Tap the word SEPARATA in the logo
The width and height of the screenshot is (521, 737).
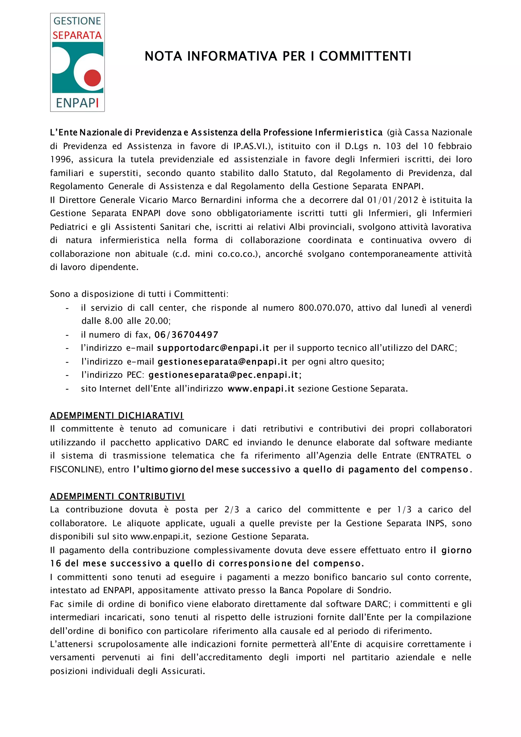(77, 35)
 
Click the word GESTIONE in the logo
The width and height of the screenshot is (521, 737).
(77, 21)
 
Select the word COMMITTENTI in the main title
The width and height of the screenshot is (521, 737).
(365, 56)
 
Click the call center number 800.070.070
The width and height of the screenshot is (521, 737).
(324, 308)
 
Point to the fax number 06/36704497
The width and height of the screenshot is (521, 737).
(186, 335)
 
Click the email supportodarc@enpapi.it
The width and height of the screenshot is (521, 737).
(213, 348)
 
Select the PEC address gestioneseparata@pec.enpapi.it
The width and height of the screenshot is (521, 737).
(224, 375)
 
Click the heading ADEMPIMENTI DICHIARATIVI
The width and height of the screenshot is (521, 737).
(117, 415)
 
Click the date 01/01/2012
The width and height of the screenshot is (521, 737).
(393, 200)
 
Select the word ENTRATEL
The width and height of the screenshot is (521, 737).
(440, 456)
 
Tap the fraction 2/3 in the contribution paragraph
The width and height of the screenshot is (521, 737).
(232, 510)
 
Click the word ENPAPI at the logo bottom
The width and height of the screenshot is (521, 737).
(77, 103)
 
